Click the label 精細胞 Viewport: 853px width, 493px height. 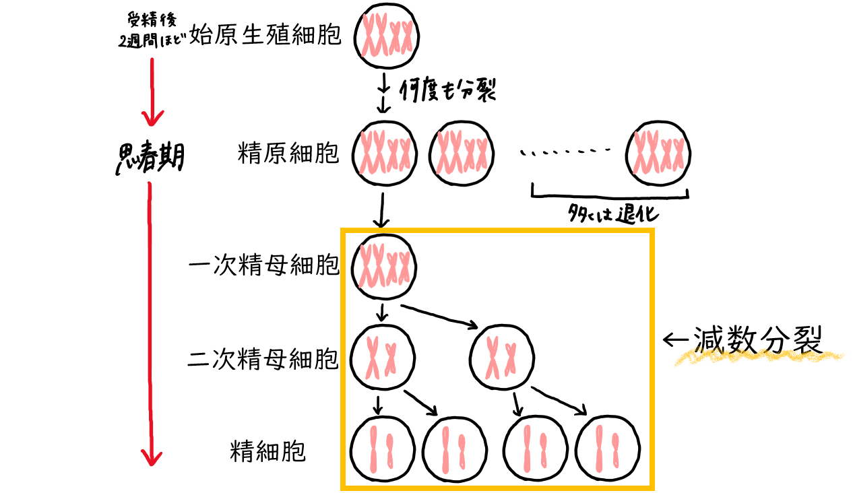(268, 451)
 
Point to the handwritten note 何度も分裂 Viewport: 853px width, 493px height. (448, 90)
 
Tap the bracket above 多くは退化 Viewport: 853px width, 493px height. (610, 196)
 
